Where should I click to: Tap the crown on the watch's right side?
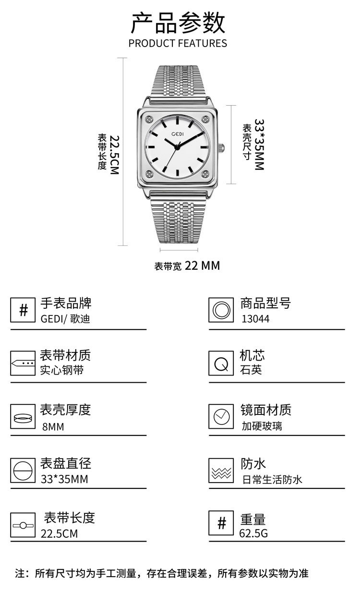222,147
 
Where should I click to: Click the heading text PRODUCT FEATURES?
178,43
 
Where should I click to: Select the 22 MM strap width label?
202,265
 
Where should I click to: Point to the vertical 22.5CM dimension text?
114,154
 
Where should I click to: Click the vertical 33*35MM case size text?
259,145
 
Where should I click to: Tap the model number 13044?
255,319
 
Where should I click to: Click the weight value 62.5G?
253,533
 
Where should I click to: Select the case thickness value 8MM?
53,426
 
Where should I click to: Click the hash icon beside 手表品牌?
23,310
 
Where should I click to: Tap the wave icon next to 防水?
221,470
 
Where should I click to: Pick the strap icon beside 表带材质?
23,363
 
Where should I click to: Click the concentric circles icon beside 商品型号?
221,310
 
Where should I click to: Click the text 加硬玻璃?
262,425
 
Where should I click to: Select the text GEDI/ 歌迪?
65,319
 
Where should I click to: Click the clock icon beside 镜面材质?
221,416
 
